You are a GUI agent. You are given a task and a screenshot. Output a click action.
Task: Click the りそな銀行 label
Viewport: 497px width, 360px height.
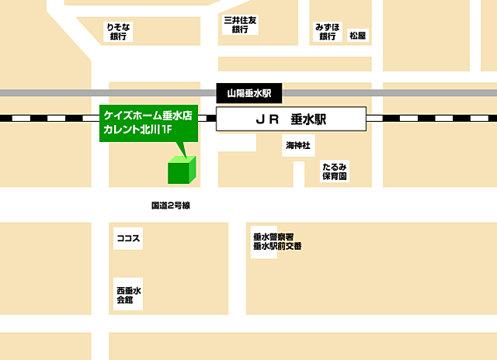pos(119,31)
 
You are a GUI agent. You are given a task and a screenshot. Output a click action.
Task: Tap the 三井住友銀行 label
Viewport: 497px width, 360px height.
pos(240,24)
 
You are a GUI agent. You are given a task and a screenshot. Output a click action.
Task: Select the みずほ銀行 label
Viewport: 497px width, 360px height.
pos(328,31)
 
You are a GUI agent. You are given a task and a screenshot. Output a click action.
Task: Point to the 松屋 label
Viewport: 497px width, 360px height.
pos(357,36)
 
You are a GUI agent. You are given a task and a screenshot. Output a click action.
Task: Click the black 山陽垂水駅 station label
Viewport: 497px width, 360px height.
pos(248,93)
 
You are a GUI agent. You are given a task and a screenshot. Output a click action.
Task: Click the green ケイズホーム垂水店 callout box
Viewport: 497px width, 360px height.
pos(148,123)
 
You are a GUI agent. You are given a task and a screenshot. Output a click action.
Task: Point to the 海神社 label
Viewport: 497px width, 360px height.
pos(297,145)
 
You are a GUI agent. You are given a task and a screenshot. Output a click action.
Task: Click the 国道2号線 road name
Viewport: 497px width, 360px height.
pos(171,206)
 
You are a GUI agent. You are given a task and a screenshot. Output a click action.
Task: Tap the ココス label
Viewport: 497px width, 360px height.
pos(127,238)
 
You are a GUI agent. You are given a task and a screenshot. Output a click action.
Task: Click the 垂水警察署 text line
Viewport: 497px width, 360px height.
pos(273,237)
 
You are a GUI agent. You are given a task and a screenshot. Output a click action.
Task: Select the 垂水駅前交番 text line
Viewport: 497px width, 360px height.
pos(276,247)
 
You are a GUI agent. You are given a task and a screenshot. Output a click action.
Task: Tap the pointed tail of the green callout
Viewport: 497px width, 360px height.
pos(179,150)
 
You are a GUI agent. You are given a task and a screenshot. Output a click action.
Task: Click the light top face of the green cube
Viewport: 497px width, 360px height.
pos(183,160)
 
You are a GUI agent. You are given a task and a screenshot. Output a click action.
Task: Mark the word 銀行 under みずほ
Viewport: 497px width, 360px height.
pos(328,36)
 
